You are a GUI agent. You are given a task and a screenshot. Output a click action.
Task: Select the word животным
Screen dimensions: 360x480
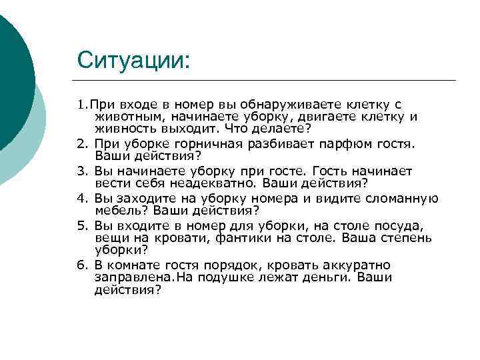tap(124, 117)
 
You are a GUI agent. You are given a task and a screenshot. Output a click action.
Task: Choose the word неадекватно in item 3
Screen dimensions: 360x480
tap(217, 183)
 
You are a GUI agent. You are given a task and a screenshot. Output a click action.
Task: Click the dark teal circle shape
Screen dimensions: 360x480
tap(13, 73)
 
